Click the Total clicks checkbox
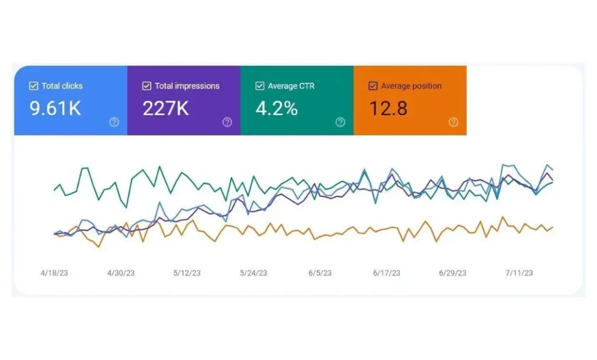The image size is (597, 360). click(x=33, y=86)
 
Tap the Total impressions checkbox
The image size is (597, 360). click(x=146, y=86)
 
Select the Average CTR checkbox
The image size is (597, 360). click(x=259, y=86)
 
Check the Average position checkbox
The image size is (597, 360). click(x=373, y=86)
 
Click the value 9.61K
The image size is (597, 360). click(x=55, y=109)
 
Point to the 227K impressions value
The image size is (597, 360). click(x=166, y=109)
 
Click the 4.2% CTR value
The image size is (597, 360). click(x=277, y=109)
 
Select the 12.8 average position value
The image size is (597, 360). click(x=388, y=109)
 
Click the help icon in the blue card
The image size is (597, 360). click(x=114, y=122)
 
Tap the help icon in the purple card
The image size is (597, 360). click(x=227, y=122)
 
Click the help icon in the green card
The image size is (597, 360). click(x=340, y=122)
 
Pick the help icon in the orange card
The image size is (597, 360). click(x=454, y=122)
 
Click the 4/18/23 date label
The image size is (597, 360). click(x=54, y=273)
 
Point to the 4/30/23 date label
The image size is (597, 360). click(x=121, y=273)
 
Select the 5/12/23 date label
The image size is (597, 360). click(x=187, y=273)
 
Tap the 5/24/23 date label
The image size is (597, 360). click(x=254, y=273)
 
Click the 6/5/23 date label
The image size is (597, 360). click(x=320, y=273)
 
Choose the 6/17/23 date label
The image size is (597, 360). click(x=387, y=273)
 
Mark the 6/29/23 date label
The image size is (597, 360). click(x=453, y=273)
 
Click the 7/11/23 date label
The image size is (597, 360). click(x=519, y=273)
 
